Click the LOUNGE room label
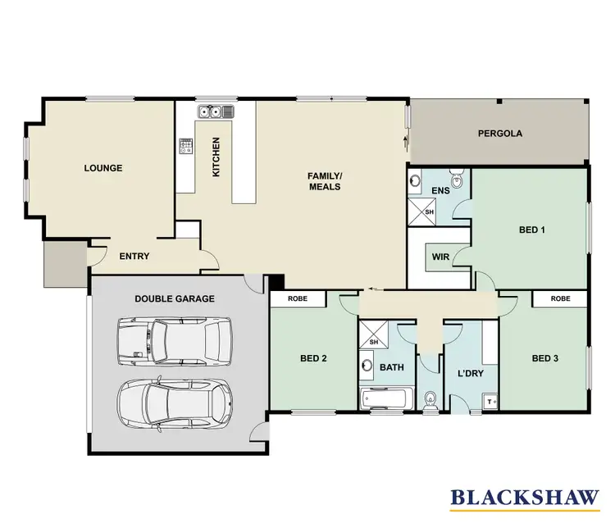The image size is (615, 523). (x=102, y=168)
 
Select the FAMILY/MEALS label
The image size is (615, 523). (x=324, y=181)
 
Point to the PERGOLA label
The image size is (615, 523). (x=500, y=134)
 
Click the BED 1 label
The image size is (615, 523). (x=532, y=230)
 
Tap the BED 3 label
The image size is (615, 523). (x=544, y=358)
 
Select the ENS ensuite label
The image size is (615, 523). (x=440, y=191)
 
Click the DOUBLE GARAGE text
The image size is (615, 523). (x=175, y=299)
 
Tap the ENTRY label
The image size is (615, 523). (x=134, y=257)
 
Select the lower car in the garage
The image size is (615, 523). (x=174, y=401)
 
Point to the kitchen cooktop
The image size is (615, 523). (x=186, y=146)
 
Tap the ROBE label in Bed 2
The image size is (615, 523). (x=297, y=299)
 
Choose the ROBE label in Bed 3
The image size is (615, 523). (x=560, y=299)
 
